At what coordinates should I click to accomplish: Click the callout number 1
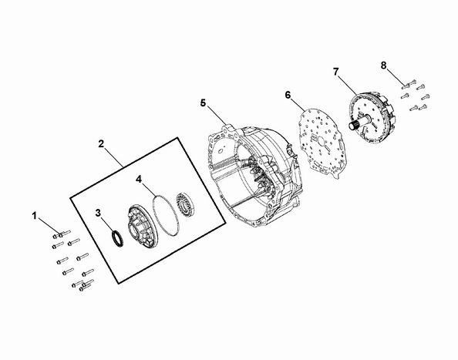tap(35, 216)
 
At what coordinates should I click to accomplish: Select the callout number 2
tap(101, 143)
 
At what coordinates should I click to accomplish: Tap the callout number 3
tap(98, 213)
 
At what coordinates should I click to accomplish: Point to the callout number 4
tap(139, 179)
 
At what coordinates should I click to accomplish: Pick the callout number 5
tap(203, 103)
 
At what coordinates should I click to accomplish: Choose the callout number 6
tap(288, 95)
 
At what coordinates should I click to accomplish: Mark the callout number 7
tap(336, 72)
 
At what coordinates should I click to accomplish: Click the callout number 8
tap(383, 66)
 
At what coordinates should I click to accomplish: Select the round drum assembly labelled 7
tap(372, 117)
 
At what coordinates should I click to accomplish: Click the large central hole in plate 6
tap(321, 142)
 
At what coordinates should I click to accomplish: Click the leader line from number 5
tap(217, 115)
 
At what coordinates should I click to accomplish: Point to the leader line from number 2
tap(114, 158)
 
